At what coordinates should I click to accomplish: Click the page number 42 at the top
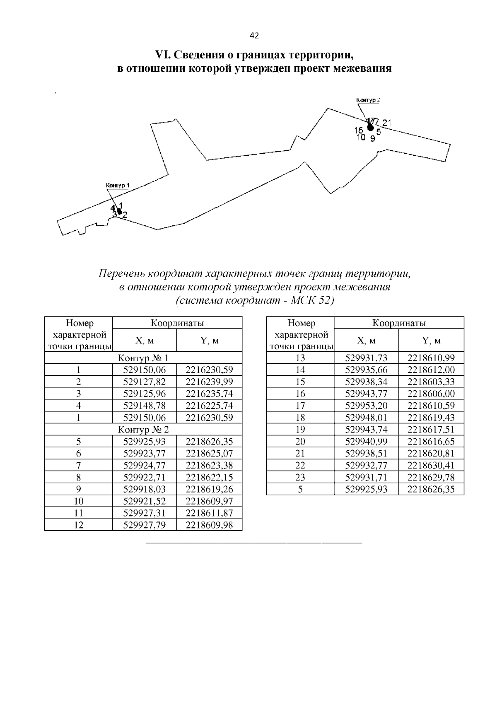click(x=254, y=36)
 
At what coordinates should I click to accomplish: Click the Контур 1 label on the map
click(x=118, y=185)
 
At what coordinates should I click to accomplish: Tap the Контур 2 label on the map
click(x=368, y=100)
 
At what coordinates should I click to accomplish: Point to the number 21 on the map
click(x=386, y=123)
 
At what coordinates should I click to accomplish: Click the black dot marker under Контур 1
click(x=119, y=212)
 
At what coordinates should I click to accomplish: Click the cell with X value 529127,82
click(x=144, y=382)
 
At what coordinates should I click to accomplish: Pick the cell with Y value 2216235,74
click(x=209, y=394)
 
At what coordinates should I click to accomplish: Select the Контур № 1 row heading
click(x=143, y=358)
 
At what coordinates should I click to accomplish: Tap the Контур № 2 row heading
click(x=143, y=430)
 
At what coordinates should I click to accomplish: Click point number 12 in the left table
click(x=78, y=525)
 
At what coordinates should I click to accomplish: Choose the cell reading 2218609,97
click(x=209, y=501)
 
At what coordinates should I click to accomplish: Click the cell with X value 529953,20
click(x=366, y=406)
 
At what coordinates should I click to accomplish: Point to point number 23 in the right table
click(x=300, y=477)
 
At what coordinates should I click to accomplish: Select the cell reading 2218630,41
click(x=431, y=465)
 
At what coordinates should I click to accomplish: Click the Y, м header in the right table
click(x=431, y=341)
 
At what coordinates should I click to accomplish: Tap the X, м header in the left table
click(x=144, y=341)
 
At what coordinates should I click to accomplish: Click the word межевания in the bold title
click(x=360, y=68)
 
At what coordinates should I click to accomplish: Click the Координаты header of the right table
click(x=398, y=323)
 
